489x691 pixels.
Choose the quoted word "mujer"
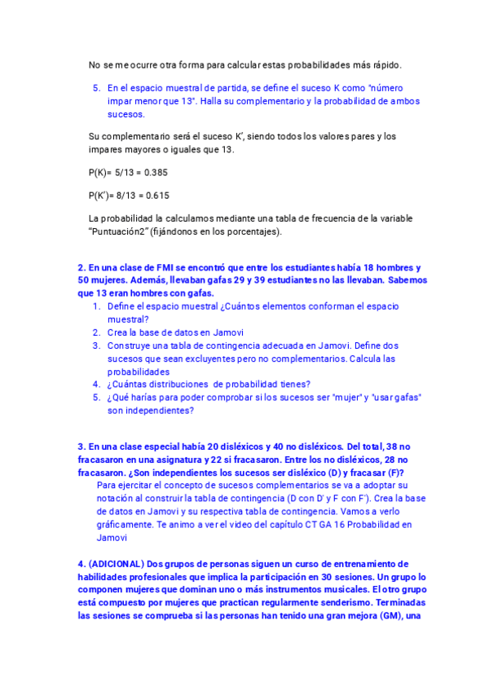click(x=346, y=397)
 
